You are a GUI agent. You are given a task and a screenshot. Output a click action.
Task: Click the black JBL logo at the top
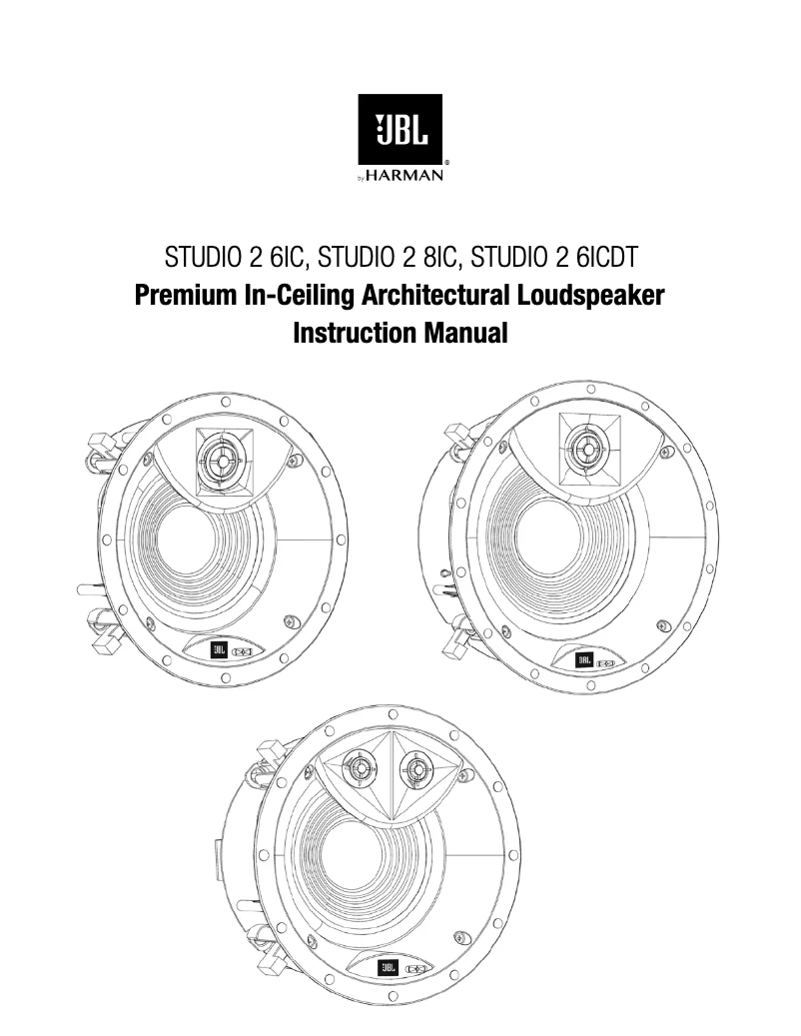click(400, 131)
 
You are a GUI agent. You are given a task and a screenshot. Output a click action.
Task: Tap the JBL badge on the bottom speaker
click(388, 968)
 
